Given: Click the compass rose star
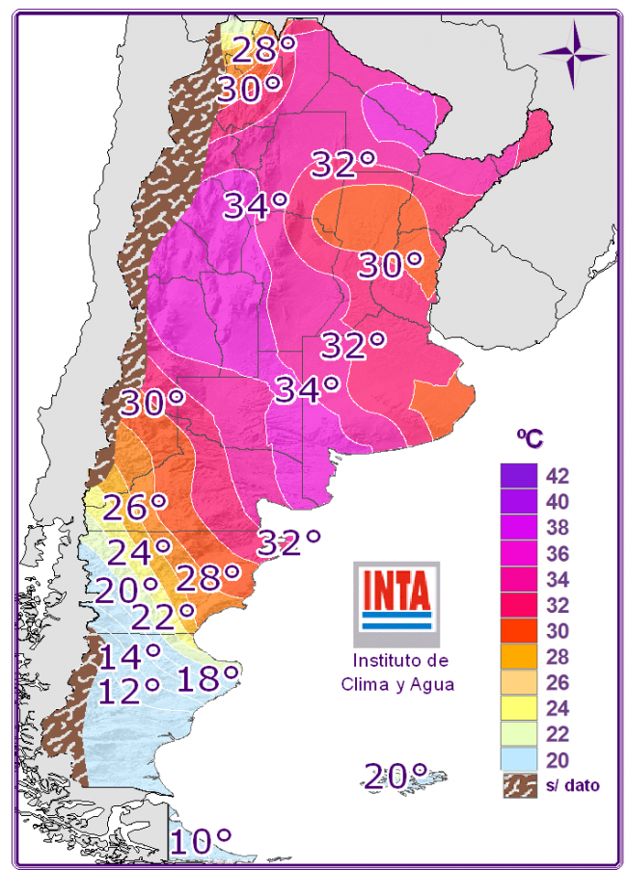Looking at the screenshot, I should pyautogui.click(x=573, y=54).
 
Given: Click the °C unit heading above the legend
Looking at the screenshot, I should pyautogui.click(x=529, y=437).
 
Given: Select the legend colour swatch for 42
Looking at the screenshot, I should pyautogui.click(x=518, y=476).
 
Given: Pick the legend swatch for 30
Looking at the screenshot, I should pyautogui.click(x=518, y=631).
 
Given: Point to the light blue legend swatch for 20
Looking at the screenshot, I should pyautogui.click(x=518, y=760).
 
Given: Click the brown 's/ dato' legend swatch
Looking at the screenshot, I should pyautogui.click(x=518, y=785).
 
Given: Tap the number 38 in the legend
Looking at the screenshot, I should pyautogui.click(x=558, y=528).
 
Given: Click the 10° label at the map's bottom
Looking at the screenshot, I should pyautogui.click(x=201, y=841).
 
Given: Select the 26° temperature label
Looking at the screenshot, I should pyautogui.click(x=135, y=508).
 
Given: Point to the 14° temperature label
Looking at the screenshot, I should pyautogui.click(x=129, y=657).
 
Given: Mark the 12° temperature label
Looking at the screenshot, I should pyautogui.click(x=129, y=690).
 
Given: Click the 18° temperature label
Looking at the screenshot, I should pyautogui.click(x=206, y=678).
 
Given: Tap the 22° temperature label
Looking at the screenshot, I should pyautogui.click(x=163, y=614).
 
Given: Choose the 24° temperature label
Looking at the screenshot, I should pyautogui.click(x=139, y=552).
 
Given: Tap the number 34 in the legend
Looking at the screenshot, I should pyautogui.click(x=558, y=580).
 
